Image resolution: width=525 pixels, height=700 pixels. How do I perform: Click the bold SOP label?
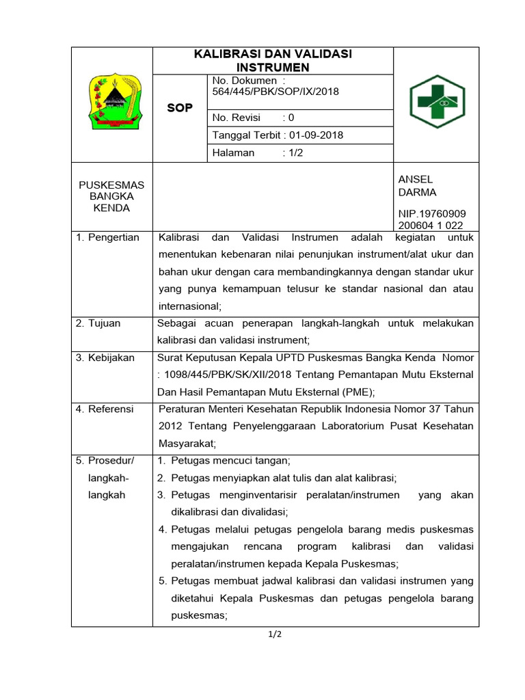(x=180, y=108)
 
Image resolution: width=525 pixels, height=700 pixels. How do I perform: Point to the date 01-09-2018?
(x=316, y=135)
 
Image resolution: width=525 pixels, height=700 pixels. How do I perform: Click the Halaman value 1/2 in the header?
(x=295, y=153)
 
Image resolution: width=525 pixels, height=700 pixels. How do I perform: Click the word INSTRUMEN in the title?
(x=273, y=67)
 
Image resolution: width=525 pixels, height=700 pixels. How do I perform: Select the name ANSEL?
(x=415, y=179)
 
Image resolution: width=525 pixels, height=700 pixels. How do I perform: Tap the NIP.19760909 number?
(x=431, y=213)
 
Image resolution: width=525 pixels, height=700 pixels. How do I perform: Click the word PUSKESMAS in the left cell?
(x=111, y=185)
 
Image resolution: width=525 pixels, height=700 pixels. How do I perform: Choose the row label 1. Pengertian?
(x=107, y=237)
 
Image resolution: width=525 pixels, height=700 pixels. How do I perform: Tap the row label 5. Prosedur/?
(x=105, y=460)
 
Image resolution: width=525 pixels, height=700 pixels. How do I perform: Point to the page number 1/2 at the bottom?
(x=275, y=634)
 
